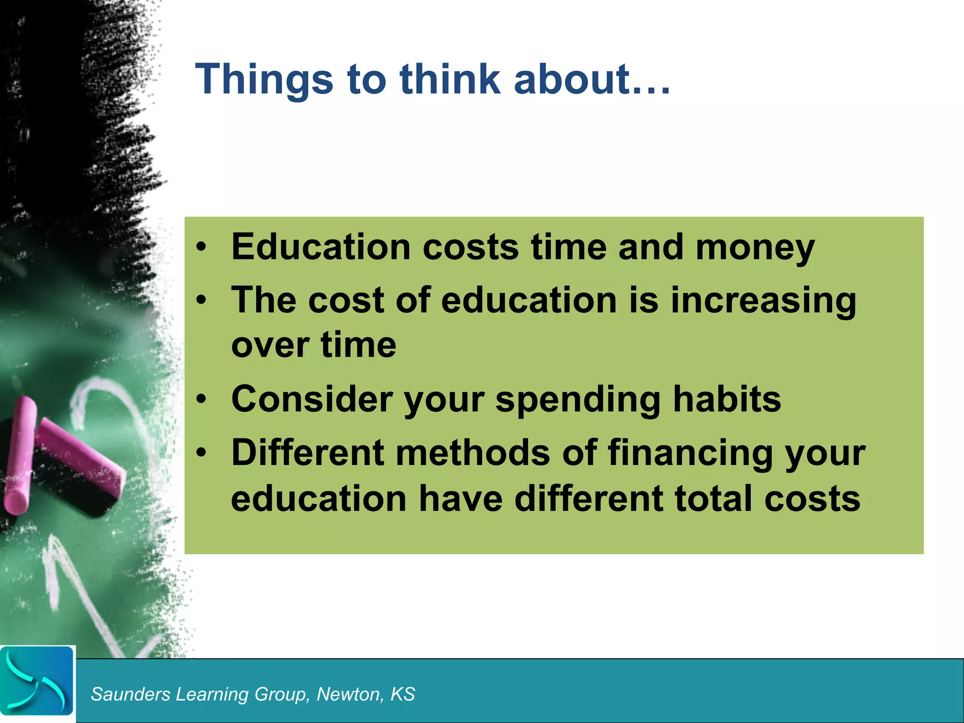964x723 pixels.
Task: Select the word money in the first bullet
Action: click(755, 248)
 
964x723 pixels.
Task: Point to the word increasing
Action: click(763, 301)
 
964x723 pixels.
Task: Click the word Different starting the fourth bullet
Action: click(307, 453)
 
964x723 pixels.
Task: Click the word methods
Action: click(473, 453)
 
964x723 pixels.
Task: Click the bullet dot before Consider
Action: click(201, 400)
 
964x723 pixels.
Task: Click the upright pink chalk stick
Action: click(20, 454)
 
